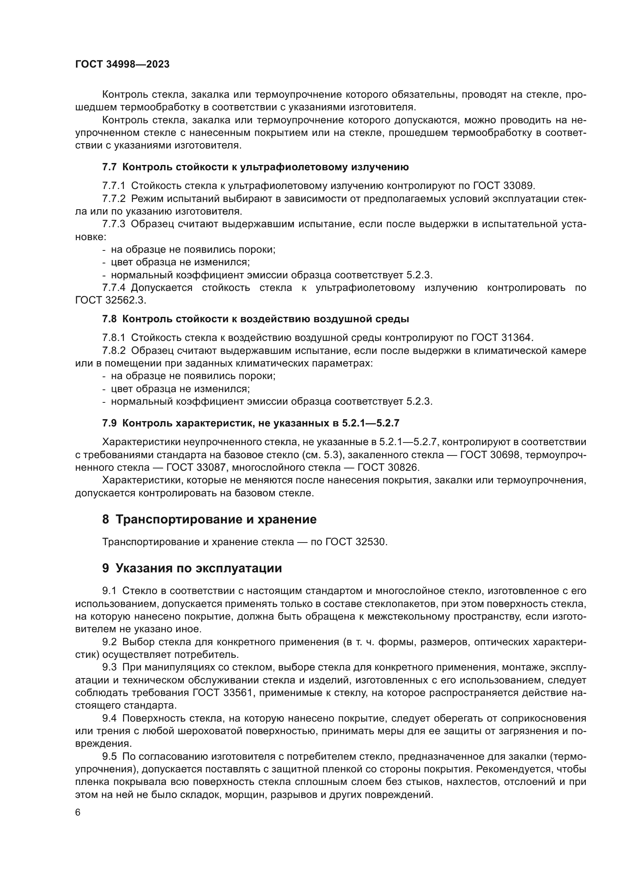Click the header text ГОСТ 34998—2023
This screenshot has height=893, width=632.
pos(122,65)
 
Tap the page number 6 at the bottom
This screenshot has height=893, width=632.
pos(78,812)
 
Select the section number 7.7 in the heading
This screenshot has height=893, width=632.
pos(109,167)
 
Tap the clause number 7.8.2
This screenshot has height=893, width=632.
pos(113,350)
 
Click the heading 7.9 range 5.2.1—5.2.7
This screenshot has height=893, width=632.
pos(371,423)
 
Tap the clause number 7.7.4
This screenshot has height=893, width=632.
pos(113,288)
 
